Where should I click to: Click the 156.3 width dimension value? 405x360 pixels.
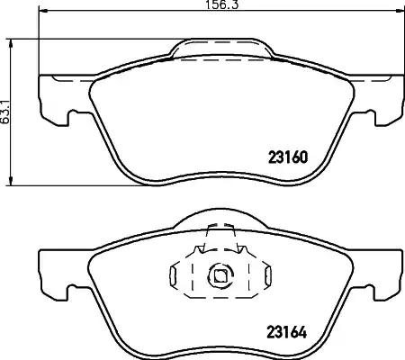coord(222,4)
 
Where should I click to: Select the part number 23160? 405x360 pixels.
coord(288,157)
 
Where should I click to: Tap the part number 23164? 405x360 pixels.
coord(287,332)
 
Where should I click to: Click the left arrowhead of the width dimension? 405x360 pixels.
coord(43,11)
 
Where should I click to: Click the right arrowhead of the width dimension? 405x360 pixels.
coord(400,11)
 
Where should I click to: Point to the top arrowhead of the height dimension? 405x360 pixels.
coord(11,43)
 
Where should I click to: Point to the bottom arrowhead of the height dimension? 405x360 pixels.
coord(11,181)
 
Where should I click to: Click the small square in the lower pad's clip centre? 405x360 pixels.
coord(220,275)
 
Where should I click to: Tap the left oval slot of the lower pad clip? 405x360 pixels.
coord(173,275)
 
